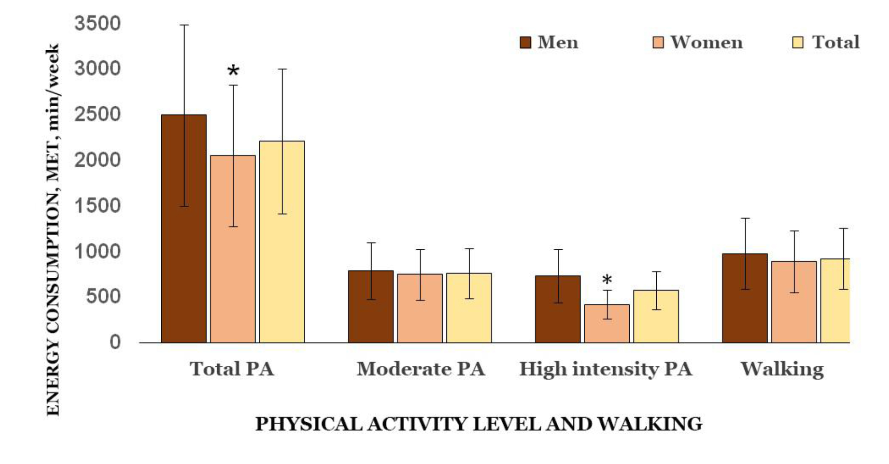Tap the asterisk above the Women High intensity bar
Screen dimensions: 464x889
tap(607, 280)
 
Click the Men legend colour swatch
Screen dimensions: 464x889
tap(525, 43)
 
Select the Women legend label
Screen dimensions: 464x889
tap(706, 43)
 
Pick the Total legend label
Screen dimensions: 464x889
tap(836, 43)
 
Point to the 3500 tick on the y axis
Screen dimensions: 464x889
tap(97, 23)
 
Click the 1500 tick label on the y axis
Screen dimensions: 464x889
tap(97, 205)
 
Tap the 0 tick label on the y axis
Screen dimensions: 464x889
tap(115, 342)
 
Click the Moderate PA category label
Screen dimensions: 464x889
tap(421, 369)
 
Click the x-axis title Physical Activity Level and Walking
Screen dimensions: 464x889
tap(479, 424)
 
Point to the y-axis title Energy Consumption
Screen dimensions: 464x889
tap(53, 229)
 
